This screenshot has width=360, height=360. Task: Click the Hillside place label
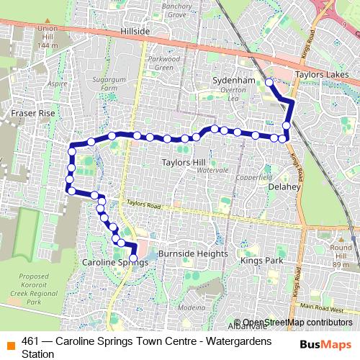(x=135, y=32)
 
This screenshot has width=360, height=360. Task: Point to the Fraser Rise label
(x=32, y=114)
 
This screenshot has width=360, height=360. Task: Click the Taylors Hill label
(x=184, y=162)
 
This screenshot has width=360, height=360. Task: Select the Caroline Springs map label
(x=115, y=263)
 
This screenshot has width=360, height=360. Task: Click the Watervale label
(x=212, y=171)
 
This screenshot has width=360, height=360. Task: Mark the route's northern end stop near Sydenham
(x=269, y=83)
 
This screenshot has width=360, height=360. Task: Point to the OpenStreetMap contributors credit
(x=298, y=322)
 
